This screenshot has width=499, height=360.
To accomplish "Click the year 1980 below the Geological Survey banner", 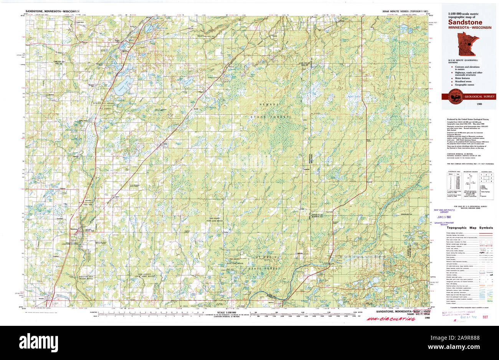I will point(479,104).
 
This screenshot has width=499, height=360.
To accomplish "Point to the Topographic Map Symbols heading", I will point(467,228).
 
